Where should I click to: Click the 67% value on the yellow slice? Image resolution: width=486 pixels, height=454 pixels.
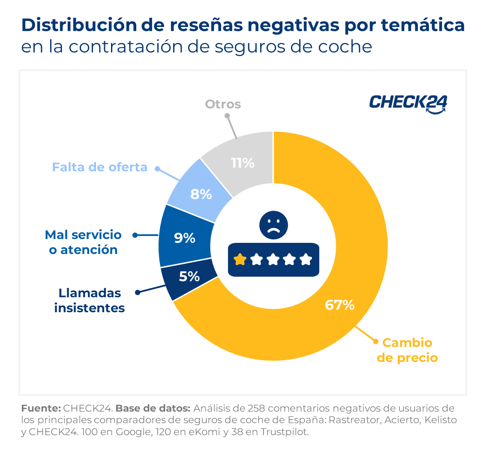(339, 305)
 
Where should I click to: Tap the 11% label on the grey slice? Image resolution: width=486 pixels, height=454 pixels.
(243, 163)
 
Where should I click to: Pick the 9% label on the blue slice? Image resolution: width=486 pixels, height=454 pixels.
(185, 238)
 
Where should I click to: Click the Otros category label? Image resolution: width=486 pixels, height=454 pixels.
(223, 104)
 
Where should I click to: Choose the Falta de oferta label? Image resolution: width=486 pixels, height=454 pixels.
(99, 167)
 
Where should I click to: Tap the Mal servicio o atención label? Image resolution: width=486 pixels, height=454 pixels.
(83, 242)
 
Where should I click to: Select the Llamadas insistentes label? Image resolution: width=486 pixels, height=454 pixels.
(90, 300)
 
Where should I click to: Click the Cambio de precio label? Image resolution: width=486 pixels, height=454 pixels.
(407, 350)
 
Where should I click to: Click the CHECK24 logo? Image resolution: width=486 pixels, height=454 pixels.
(408, 103)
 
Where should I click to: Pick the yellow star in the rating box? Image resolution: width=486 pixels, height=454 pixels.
(240, 259)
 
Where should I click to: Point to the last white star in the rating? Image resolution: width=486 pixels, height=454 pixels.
(306, 259)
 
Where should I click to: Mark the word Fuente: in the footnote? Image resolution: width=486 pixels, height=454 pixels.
(41, 408)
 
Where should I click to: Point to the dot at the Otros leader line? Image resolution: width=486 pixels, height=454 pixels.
(227, 116)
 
